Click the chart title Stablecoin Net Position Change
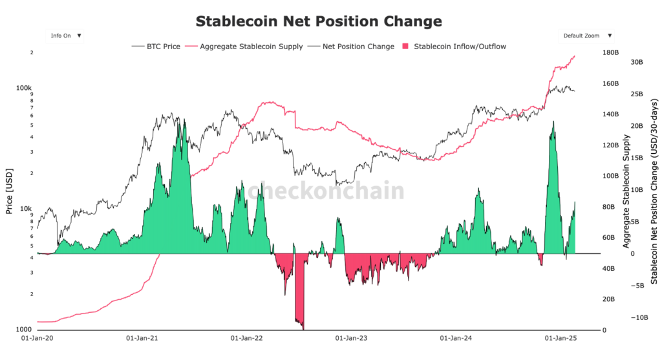(319, 21)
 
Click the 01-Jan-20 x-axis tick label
(38, 337)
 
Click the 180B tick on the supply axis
(611, 53)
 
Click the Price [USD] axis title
(9, 191)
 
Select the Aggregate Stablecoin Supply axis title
(626, 191)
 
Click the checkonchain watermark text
(326, 191)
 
